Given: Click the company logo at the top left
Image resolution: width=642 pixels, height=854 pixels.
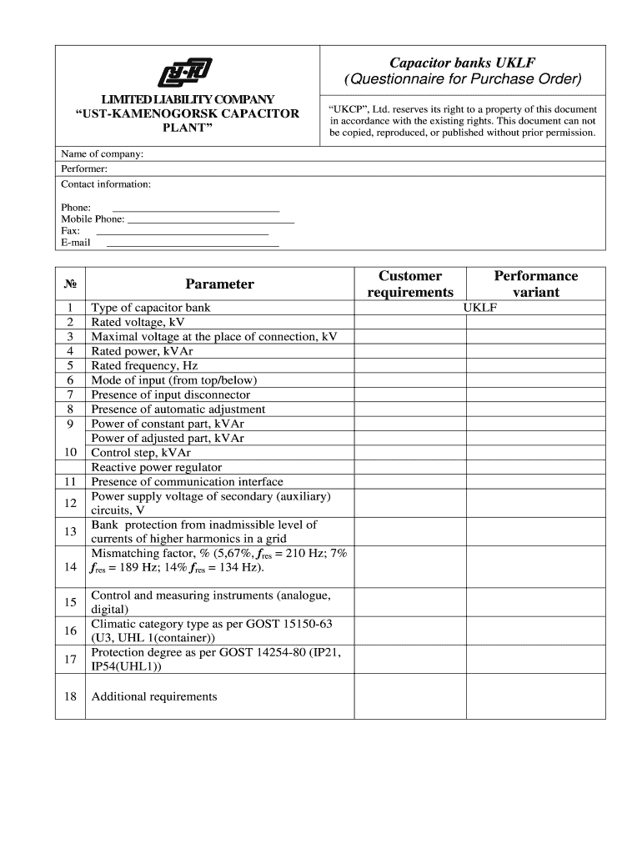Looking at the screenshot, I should [185, 73].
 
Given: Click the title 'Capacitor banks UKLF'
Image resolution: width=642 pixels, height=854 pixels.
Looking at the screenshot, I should [463, 63].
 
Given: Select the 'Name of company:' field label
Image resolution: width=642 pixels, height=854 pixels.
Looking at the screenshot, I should [103, 153].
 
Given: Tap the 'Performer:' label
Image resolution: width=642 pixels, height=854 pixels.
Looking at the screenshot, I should [84, 168].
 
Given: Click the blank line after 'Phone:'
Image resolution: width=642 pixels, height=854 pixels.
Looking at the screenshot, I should [195, 208].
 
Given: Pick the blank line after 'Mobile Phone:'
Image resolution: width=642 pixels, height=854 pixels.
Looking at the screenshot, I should [210, 220].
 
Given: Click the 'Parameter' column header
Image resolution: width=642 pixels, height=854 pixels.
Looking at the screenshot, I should [219, 284].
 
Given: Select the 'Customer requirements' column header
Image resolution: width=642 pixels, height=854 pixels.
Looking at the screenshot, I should [410, 284].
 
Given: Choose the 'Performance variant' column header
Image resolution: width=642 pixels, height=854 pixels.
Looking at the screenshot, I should [535, 284].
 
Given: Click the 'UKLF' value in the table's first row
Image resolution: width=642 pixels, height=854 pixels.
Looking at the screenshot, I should [479, 308].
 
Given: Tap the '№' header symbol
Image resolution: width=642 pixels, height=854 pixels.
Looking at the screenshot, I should [70, 284].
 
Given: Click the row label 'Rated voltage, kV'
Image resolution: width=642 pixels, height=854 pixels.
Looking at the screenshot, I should [138, 322].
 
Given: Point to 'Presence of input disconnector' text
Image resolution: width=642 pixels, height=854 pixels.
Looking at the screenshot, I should [170, 394].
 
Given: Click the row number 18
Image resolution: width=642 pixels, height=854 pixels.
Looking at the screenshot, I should [70, 696].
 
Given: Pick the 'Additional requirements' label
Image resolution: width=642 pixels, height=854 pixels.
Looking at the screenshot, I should [153, 696].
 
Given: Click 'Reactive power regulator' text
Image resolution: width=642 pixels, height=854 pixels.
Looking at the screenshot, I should [156, 467].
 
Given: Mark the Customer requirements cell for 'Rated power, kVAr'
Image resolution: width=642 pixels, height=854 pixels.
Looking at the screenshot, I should [409, 351].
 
